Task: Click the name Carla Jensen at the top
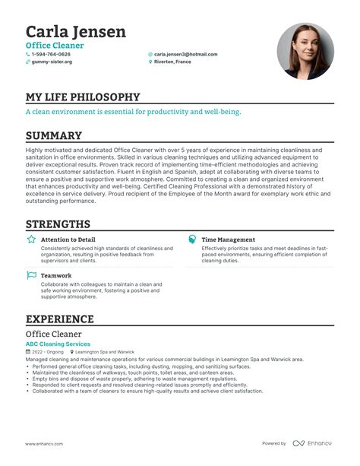pyautogui.click(x=76, y=32)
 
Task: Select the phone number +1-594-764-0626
pyautogui.click(x=51, y=55)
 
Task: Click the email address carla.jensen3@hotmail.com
pyautogui.click(x=185, y=55)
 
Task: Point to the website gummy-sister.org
pyautogui.click(x=52, y=62)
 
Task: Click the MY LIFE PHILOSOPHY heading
pyautogui.click(x=83, y=97)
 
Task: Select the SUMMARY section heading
pyautogui.click(x=54, y=136)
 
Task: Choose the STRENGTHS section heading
pyautogui.click(x=58, y=224)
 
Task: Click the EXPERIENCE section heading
pyautogui.click(x=60, y=319)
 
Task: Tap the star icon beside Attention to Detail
pyautogui.click(x=31, y=239)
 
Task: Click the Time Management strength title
pyautogui.click(x=228, y=239)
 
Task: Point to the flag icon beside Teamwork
pyautogui.click(x=31, y=275)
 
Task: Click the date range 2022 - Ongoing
pyautogui.click(x=48, y=353)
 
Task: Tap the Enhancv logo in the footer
pyautogui.click(x=314, y=443)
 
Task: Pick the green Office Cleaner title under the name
pyautogui.click(x=55, y=46)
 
